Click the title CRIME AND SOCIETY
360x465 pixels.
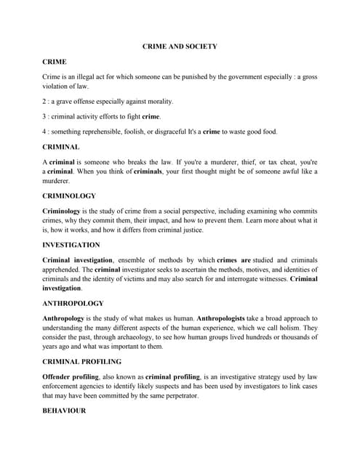[x=180, y=46]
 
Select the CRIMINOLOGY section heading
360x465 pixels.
[x=69, y=195]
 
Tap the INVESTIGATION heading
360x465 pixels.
[x=71, y=245]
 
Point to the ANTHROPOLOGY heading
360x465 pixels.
[x=73, y=303]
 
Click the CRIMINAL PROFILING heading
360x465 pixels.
[x=82, y=361]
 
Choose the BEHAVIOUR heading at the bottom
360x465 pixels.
[x=64, y=411]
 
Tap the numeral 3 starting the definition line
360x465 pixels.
[x=44, y=116]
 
